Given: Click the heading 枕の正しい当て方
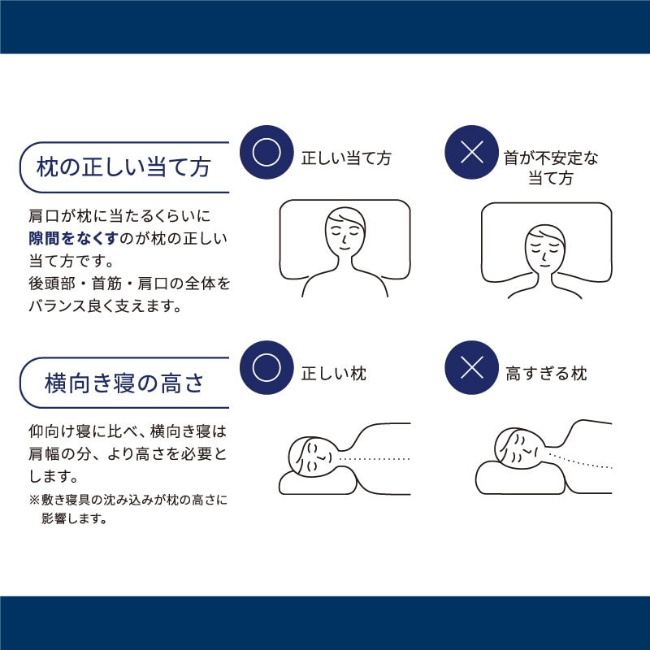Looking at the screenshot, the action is point(123,167).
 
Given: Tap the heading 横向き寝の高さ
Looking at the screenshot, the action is point(124,383).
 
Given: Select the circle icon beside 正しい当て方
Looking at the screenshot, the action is point(266,152).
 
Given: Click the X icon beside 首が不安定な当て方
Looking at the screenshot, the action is point(472,152).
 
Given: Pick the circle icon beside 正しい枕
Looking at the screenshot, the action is point(266,368).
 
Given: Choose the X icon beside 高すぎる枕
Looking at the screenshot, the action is point(472,368).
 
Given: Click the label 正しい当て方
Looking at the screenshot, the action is point(346,158).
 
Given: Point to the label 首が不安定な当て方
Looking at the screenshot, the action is point(551,168).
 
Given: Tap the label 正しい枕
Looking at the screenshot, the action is point(334,374).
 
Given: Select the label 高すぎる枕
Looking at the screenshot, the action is point(546,374).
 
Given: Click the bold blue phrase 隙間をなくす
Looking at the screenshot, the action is point(74,238).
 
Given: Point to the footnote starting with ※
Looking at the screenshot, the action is point(128,509).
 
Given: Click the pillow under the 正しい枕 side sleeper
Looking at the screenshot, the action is point(318,480).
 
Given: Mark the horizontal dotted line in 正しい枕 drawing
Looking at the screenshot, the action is point(375,459).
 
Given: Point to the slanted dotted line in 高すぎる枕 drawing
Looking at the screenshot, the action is point(581,461).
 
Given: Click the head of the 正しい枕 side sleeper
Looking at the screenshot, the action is point(312,455).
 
